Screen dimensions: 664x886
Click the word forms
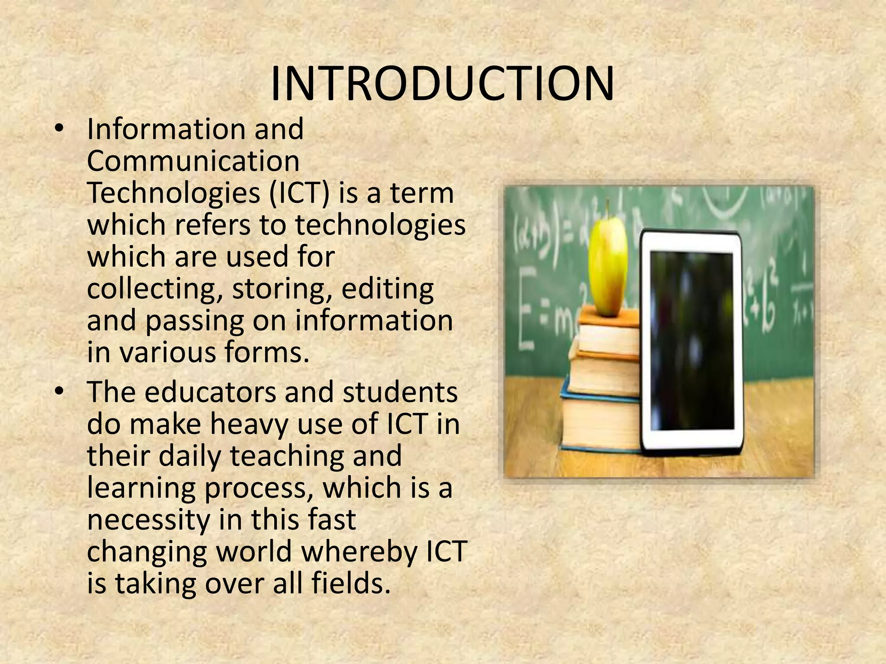pyautogui.click(x=266, y=352)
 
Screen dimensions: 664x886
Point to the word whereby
pyautogui.click(x=361, y=551)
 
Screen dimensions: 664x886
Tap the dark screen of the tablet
pyautogui.click(x=692, y=342)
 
